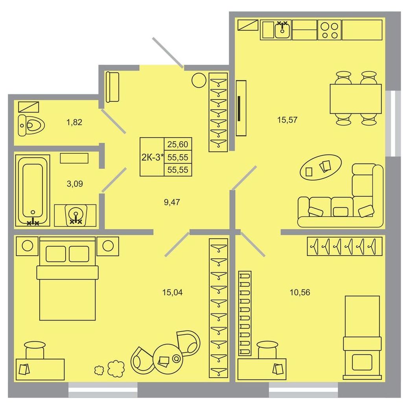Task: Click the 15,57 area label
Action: click(287, 120)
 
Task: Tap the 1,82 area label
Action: click(74, 122)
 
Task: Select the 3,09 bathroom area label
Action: click(75, 184)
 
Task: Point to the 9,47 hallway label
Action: click(172, 202)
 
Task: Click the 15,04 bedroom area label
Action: click(172, 293)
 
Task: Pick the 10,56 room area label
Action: click(300, 293)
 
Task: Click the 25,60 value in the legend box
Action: click(178, 144)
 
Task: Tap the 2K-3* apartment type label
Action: click(153, 157)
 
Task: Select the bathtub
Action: click(33, 190)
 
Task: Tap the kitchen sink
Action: click(283, 30)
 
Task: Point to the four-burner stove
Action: click(330, 30)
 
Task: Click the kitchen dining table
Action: click(356, 99)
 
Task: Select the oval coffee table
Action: click(321, 167)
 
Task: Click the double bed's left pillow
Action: click(55, 254)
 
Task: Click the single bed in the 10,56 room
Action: click(362, 337)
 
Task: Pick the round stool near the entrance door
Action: click(199, 80)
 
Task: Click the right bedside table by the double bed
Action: click(108, 246)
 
